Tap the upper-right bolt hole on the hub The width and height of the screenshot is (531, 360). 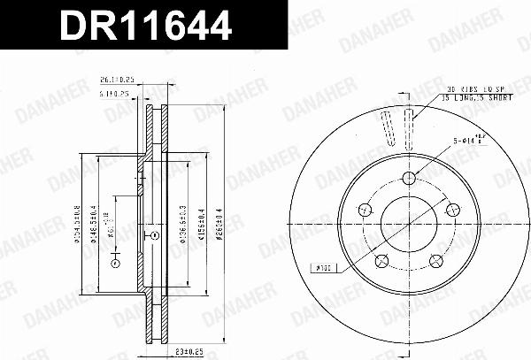click(x=453, y=209)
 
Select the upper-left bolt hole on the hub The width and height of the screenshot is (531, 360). click(x=364, y=209)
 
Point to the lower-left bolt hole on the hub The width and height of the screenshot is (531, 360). click(x=381, y=261)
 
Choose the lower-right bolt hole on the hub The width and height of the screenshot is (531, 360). click(x=436, y=261)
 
